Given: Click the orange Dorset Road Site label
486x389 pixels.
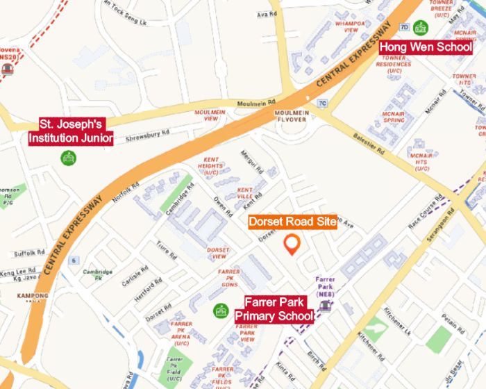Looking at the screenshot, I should pos(292,222).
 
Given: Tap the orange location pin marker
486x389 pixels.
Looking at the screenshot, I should pos(292,244).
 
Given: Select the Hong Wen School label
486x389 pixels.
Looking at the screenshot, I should pos(426,47).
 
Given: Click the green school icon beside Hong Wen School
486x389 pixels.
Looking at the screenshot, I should pos(421,28).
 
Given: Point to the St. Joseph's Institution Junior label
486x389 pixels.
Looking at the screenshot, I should pos(71,131).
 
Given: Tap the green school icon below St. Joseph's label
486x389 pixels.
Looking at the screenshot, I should pos(69,158).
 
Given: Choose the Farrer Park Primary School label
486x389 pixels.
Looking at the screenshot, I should pos(274,309).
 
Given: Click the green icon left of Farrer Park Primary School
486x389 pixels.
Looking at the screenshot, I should pos(221,310).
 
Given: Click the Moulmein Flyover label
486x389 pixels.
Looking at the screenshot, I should pos(292,116).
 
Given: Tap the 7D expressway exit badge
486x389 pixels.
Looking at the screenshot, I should pos(404,27).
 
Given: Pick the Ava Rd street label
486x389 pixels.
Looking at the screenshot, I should pos(262,15).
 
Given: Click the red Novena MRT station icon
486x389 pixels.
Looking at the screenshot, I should pos(8,69).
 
